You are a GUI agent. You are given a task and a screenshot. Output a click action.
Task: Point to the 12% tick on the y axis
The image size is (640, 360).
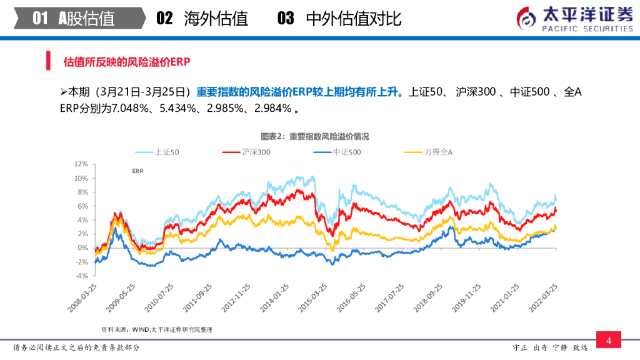[x=81, y=164]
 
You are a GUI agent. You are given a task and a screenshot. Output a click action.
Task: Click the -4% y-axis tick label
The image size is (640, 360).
[x=81, y=276]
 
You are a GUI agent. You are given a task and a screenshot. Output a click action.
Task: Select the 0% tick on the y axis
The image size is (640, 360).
[x=82, y=247]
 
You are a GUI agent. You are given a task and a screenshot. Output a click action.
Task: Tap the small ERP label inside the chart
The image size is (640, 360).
[x=138, y=171]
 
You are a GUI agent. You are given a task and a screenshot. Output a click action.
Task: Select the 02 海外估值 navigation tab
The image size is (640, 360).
[x=202, y=18]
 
